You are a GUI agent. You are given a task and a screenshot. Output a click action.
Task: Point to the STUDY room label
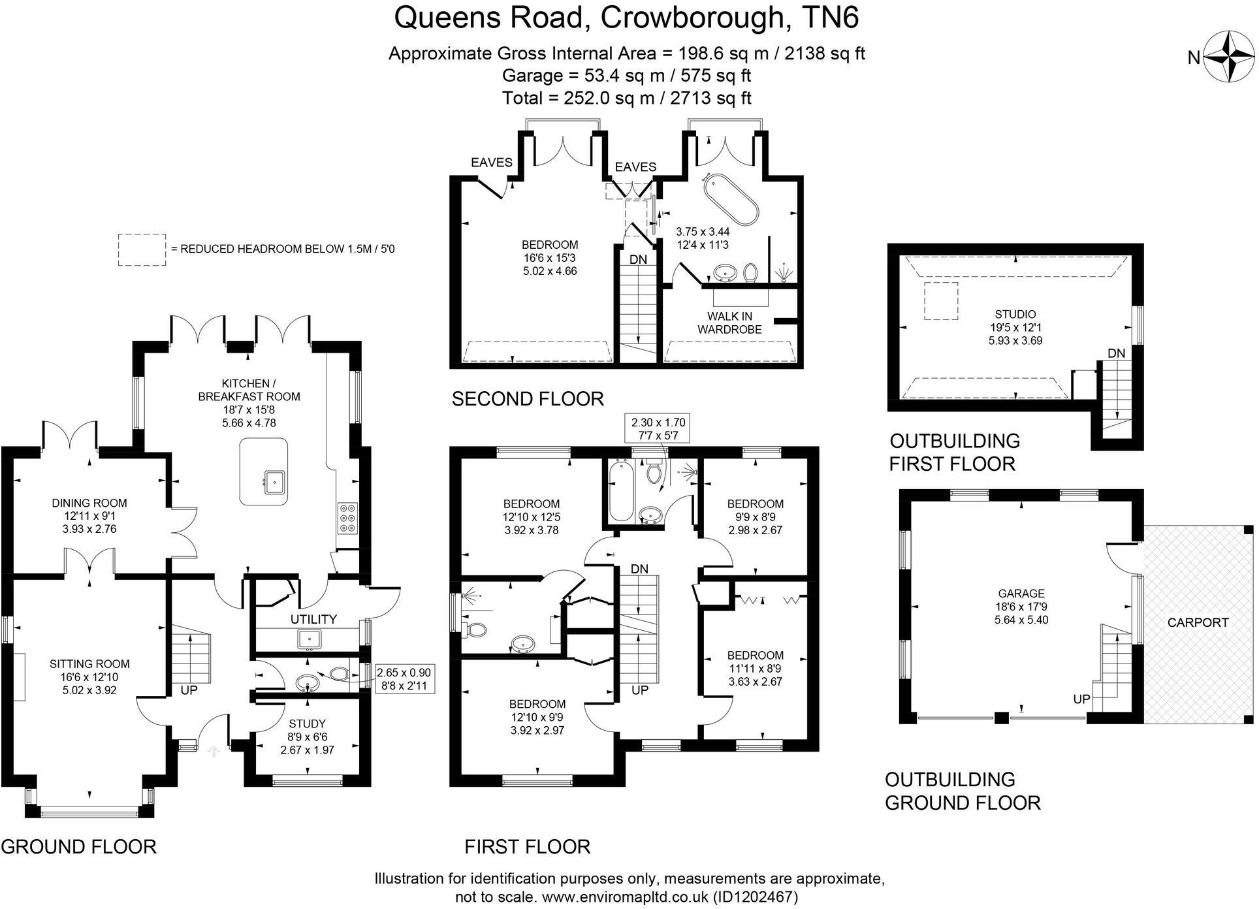[x=307, y=724]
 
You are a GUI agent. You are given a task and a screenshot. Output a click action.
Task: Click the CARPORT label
[x=1198, y=622]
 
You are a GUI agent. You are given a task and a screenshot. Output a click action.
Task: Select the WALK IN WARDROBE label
[x=729, y=323]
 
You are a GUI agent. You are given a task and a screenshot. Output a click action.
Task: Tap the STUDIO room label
[x=1015, y=314]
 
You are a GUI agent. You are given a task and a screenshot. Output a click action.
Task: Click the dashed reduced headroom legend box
[x=141, y=249]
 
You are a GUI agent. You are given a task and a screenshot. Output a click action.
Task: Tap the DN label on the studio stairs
[x=1116, y=353]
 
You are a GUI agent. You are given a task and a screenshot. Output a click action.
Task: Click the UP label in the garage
[x=1081, y=699]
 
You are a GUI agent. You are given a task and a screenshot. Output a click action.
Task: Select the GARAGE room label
[x=1021, y=594]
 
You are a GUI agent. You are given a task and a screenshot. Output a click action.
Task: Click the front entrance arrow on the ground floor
[x=213, y=752]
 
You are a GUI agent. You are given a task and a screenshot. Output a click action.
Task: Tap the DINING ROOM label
[x=89, y=503]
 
